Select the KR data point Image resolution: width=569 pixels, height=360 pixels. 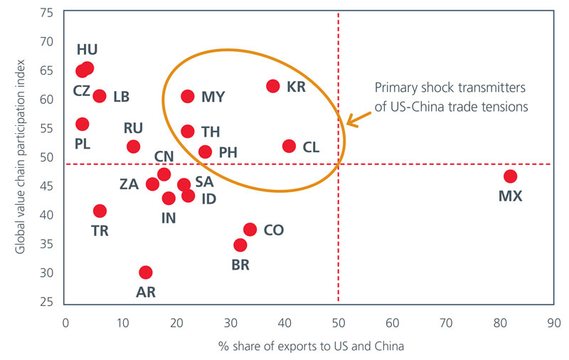point(273,86)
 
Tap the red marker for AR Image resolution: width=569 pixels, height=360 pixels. point(146,272)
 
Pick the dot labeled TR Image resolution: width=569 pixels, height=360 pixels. point(100,211)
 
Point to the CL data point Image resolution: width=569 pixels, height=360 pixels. point(289,146)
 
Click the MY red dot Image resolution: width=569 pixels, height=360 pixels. point(188,96)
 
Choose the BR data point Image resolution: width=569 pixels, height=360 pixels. point(240,245)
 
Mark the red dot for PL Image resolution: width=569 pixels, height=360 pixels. point(83,124)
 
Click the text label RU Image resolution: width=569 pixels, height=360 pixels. point(133,129)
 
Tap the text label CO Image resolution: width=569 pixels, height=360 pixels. point(274,230)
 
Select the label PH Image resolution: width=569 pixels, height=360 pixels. point(228,152)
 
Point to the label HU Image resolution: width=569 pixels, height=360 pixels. point(87,50)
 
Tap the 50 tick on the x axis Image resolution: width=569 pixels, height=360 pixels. point(338,322)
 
